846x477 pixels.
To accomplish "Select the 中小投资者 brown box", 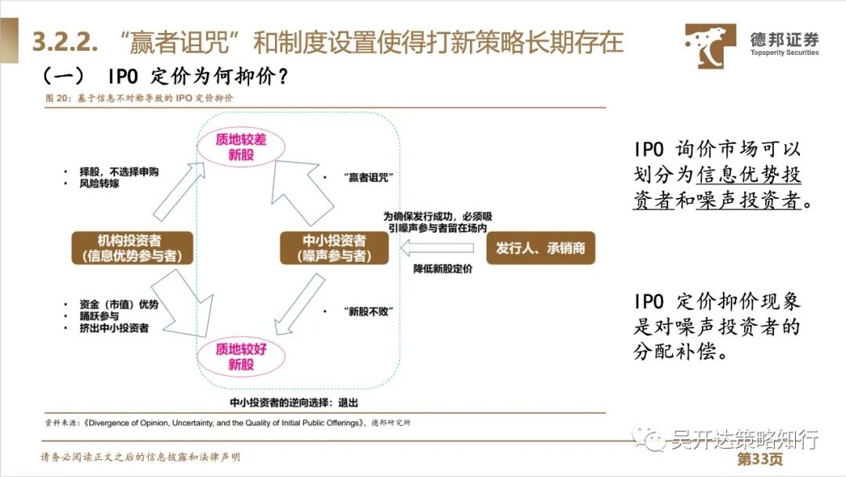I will (334, 248).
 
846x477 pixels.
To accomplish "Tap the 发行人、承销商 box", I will (540, 248).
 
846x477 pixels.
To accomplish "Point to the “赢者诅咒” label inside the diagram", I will (367, 177).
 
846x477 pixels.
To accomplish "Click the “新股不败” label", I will (367, 311).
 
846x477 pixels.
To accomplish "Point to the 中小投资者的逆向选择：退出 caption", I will (294, 403).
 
